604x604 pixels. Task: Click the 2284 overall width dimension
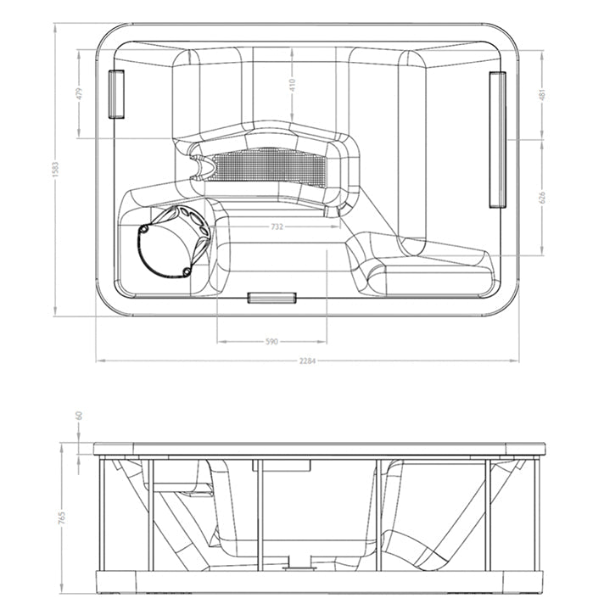(x=307, y=361)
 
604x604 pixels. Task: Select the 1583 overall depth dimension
(x=56, y=170)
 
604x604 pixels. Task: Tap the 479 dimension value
(x=80, y=93)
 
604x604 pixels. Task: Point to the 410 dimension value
(x=293, y=85)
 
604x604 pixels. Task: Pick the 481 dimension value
(x=543, y=94)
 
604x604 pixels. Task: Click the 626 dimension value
(x=543, y=197)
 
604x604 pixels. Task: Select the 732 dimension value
(x=277, y=226)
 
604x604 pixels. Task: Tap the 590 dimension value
(x=271, y=341)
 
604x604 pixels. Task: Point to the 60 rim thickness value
(x=80, y=416)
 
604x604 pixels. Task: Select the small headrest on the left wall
(x=116, y=94)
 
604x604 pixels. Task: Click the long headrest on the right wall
(x=498, y=139)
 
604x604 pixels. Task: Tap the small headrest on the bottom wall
(x=272, y=298)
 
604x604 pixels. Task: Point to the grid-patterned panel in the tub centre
(x=270, y=165)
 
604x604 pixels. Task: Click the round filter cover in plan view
(x=174, y=242)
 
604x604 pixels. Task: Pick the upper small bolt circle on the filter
(x=143, y=230)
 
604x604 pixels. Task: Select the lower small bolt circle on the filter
(x=187, y=272)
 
